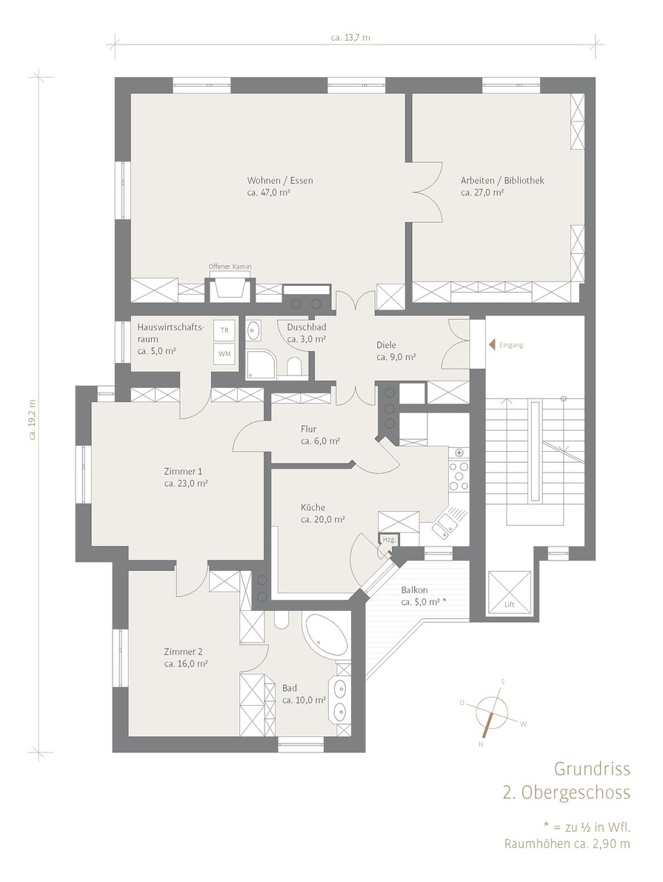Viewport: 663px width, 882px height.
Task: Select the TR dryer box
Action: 224,331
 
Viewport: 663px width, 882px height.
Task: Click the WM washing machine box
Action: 224,354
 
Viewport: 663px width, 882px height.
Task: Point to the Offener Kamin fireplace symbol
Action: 230,288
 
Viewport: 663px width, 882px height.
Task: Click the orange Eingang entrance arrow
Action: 492,344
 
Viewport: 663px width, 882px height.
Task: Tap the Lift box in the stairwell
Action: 510,593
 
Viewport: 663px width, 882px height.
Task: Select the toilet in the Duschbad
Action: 294,367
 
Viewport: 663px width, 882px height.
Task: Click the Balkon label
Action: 414,590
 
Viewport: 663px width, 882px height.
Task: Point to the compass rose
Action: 491,712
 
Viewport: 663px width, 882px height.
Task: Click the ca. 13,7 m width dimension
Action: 350,38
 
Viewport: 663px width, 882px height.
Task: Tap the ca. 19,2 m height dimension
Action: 33,419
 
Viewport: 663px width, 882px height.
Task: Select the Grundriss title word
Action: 592,769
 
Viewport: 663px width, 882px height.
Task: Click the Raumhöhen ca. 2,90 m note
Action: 567,843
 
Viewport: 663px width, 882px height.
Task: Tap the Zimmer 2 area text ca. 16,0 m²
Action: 186,664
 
